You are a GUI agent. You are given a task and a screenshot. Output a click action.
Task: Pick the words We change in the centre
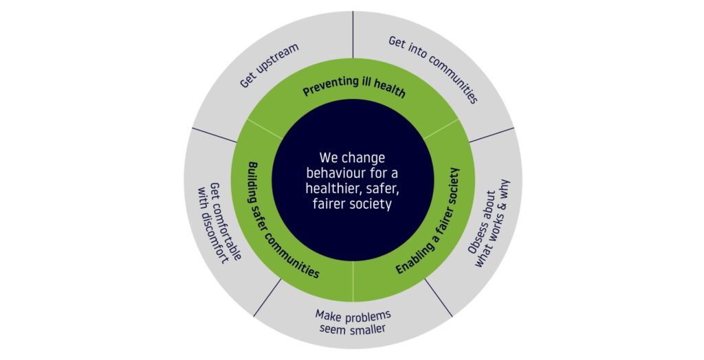pyautogui.click(x=353, y=158)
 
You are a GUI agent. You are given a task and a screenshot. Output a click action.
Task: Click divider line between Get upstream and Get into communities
pyautogui.click(x=353, y=34)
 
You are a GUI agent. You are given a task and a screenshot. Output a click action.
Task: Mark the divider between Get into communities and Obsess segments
pyautogui.click(x=492, y=135)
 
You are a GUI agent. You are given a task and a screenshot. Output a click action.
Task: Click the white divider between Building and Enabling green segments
pyautogui.click(x=353, y=281)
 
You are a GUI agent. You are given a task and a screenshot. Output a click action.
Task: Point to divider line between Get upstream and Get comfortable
pyautogui.click(x=214, y=135)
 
